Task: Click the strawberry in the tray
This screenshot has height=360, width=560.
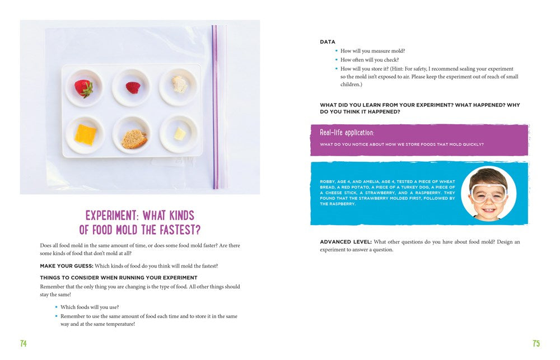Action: point(84,88)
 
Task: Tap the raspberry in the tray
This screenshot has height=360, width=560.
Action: point(133,87)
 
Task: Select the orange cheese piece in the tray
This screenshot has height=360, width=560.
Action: point(85,134)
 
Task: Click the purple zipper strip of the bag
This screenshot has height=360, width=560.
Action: point(215,106)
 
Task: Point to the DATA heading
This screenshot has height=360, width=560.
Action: point(328,42)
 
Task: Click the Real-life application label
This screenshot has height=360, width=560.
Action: point(347,133)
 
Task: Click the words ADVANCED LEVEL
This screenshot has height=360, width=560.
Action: point(346,242)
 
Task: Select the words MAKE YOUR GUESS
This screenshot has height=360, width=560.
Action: point(66,266)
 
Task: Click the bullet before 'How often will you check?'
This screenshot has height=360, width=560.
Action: point(336,60)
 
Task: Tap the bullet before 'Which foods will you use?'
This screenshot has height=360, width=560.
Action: point(56,307)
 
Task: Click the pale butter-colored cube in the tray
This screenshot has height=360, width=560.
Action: point(180,134)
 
